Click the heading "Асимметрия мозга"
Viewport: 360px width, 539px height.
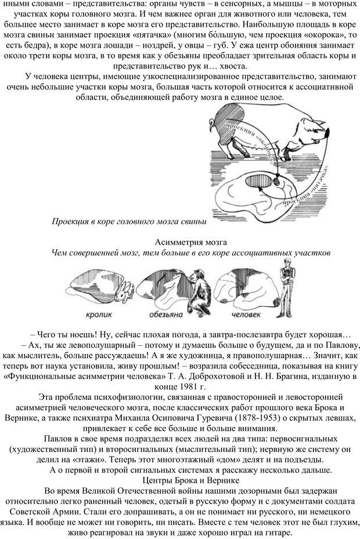[x=191, y=241]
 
